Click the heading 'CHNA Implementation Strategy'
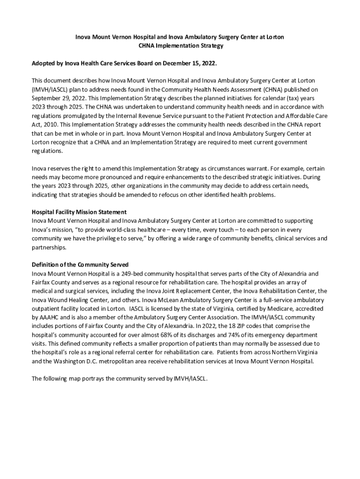point(180,46)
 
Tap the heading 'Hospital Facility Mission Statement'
point(79,212)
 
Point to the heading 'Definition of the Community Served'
point(80,265)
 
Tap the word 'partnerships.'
point(49,247)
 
